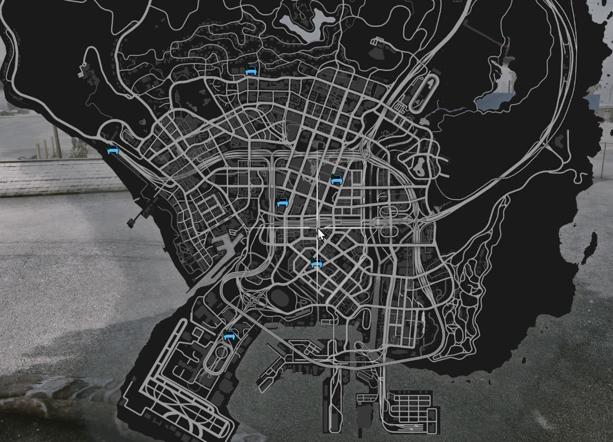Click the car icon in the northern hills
(251, 71)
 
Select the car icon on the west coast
(113, 150)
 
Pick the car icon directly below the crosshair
(316, 263)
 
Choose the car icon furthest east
(337, 180)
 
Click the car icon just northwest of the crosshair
(282, 202)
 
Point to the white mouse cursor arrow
(321, 234)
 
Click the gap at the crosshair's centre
(317, 228)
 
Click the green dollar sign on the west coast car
(108, 146)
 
